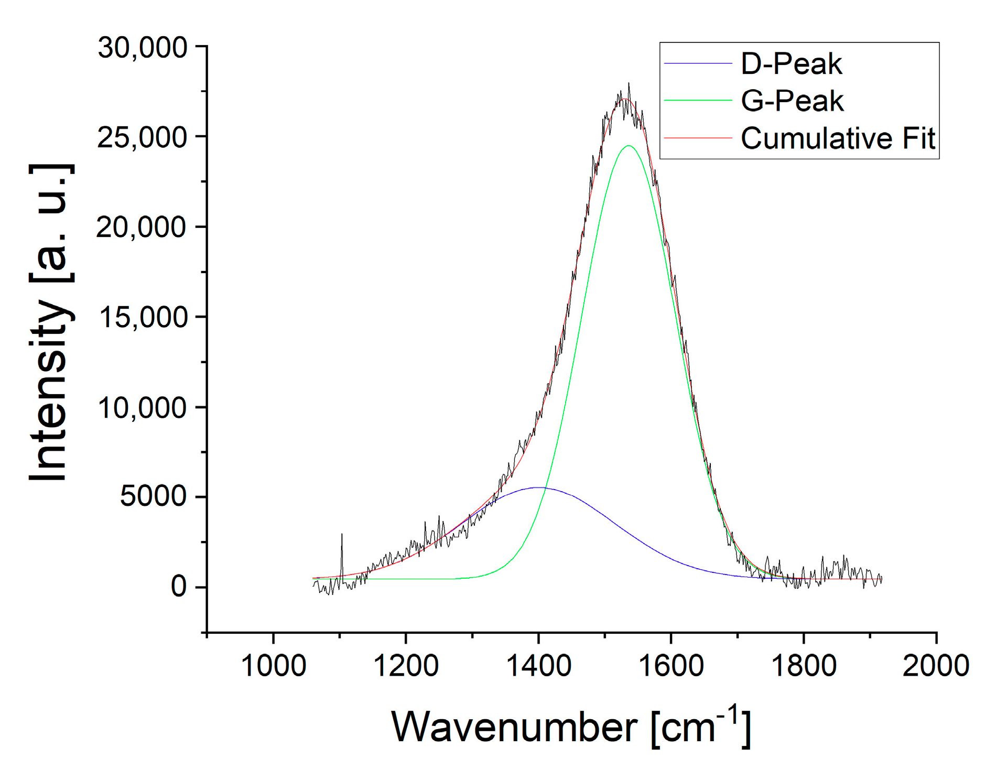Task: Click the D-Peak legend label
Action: click(791, 64)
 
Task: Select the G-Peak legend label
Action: click(792, 101)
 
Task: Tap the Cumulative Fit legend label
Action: click(837, 138)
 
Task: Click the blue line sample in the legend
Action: click(697, 63)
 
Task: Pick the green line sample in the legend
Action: click(697, 100)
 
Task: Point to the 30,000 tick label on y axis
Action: click(142, 48)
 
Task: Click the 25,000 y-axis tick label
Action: click(142, 137)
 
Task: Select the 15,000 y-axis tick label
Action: click(142, 317)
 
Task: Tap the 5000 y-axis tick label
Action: click(153, 496)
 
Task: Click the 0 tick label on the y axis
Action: click(178, 587)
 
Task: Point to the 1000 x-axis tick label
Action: click(273, 666)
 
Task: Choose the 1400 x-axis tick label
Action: click(538, 666)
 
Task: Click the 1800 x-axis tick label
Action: click(804, 666)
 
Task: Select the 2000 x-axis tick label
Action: click(936, 666)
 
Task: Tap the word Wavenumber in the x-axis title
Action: click(514, 727)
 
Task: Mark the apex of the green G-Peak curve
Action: click(629, 146)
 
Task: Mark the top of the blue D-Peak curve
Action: click(538, 487)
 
